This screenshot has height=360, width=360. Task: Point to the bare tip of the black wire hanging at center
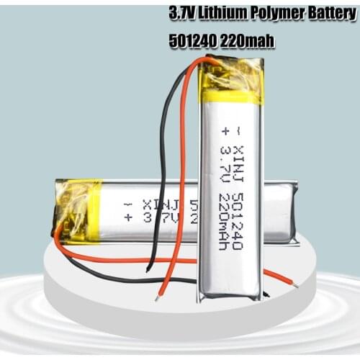pyautogui.click(x=148, y=269)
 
